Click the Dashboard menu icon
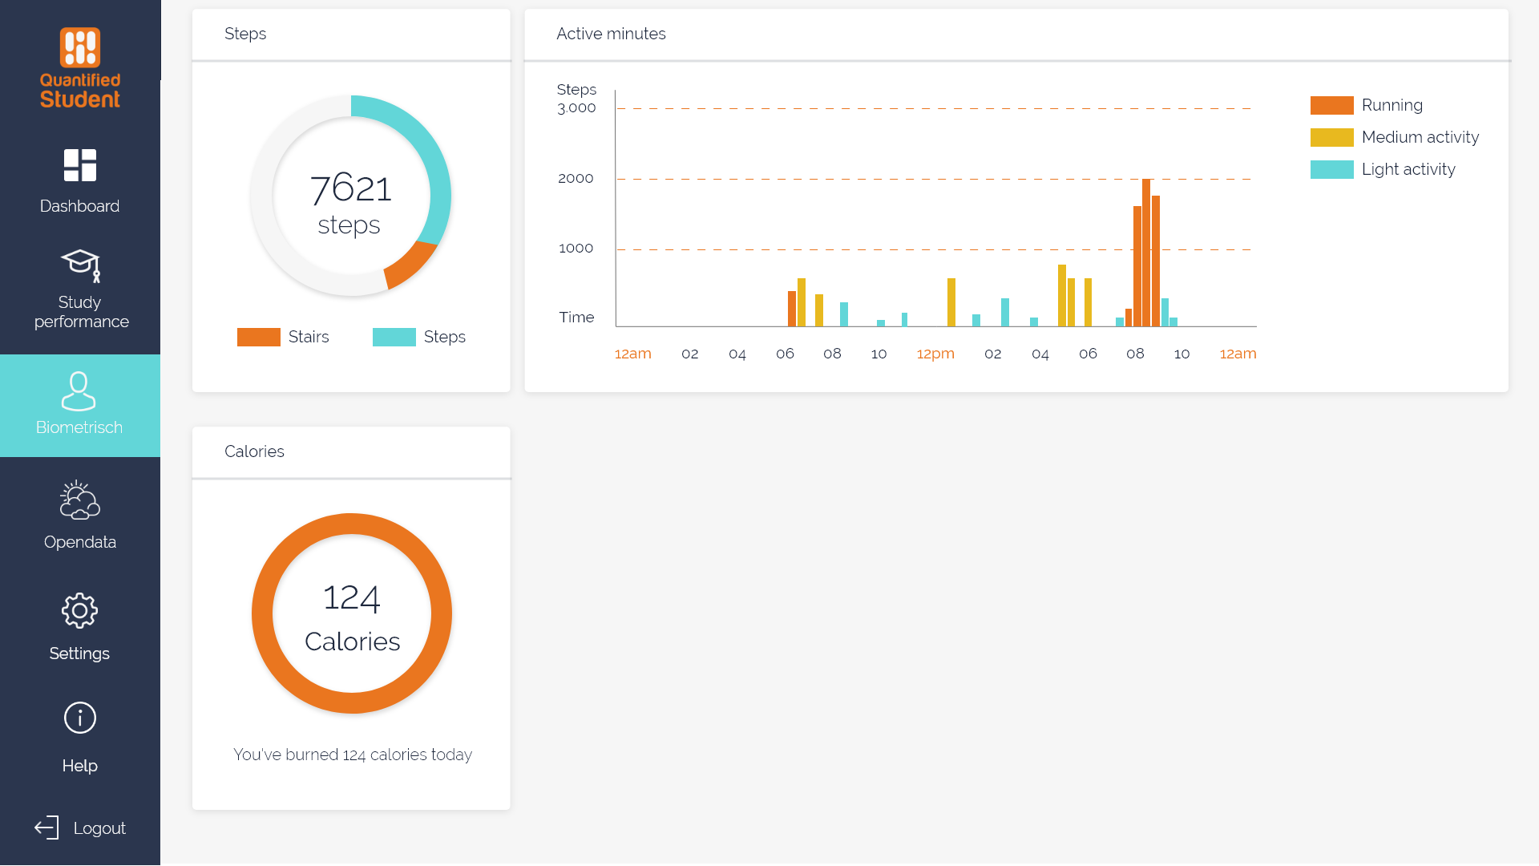pos(80,165)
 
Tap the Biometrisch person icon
pos(79,391)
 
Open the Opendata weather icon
pos(79,500)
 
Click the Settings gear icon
pos(79,611)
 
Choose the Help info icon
pos(79,718)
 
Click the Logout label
pos(99,828)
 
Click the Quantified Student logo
pos(80,68)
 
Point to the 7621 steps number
pos(350,188)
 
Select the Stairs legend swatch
pos(258,337)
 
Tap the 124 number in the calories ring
pos(351,598)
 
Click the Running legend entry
pos(1392,105)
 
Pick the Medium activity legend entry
pos(1420,137)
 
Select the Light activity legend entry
pos(1408,169)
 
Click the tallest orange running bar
pos(1146,253)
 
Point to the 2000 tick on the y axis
pos(576,178)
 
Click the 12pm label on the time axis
pos(935,354)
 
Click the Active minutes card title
pos(611,34)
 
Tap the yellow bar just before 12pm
pos(951,302)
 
